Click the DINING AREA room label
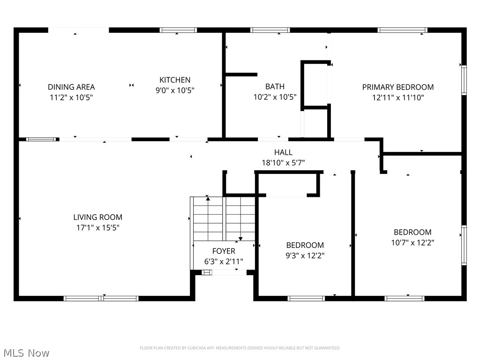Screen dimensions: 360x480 71,87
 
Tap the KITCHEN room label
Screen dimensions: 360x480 175,80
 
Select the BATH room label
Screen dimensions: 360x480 275,86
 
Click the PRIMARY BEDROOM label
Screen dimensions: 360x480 397,87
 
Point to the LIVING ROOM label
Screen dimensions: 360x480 97,217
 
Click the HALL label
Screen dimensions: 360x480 283,152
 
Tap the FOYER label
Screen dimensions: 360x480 224,251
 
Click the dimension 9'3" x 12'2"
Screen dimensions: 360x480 305,255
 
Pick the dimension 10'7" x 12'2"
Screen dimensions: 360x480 412,243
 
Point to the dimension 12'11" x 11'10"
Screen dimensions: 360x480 397,97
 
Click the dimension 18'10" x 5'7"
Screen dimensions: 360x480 283,163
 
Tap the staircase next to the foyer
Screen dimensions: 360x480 223,218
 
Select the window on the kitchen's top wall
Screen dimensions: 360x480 178,30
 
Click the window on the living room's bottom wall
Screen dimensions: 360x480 101,298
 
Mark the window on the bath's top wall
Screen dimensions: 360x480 270,30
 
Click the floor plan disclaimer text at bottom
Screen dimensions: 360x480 240,348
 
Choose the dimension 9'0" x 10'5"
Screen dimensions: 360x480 175,90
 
